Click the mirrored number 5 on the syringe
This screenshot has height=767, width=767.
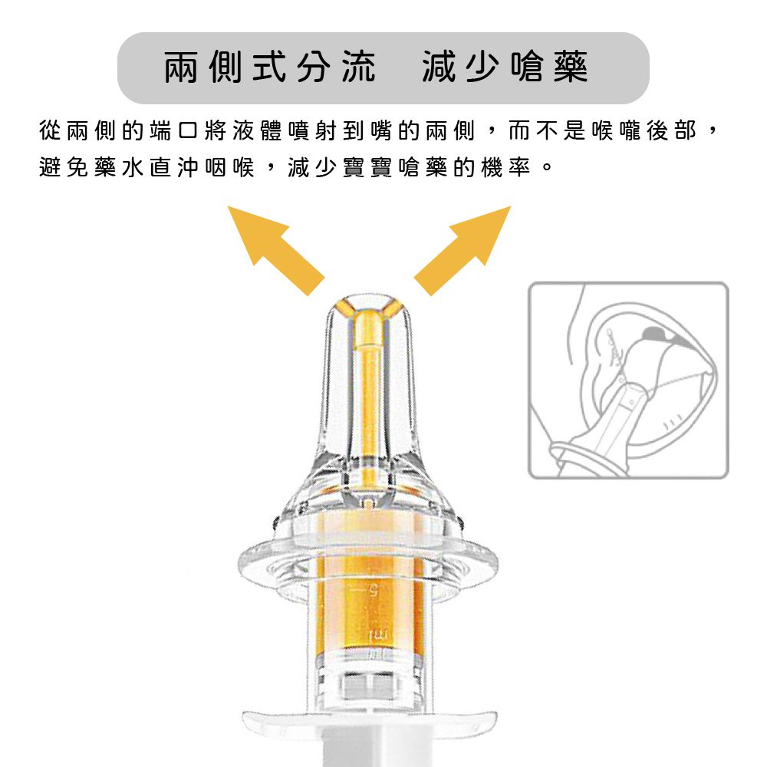(x=374, y=591)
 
